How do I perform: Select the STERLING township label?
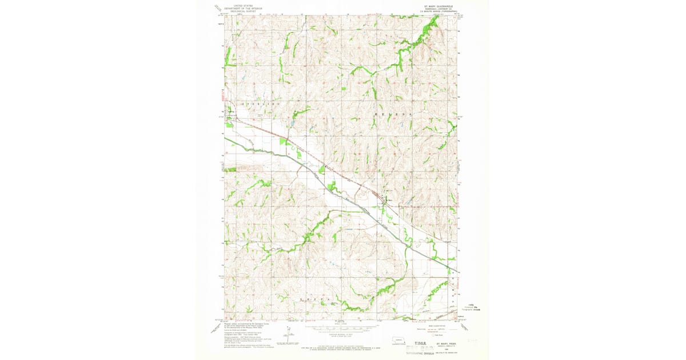pos(261,105)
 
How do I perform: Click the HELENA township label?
pos(393,114)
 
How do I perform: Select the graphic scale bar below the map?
pos(341,328)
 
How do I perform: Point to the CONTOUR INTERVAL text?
pos(341,336)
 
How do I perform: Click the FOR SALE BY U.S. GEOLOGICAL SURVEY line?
pos(341,346)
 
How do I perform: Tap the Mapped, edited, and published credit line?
pos(245,324)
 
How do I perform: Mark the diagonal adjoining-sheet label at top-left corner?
pos(218,8)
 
